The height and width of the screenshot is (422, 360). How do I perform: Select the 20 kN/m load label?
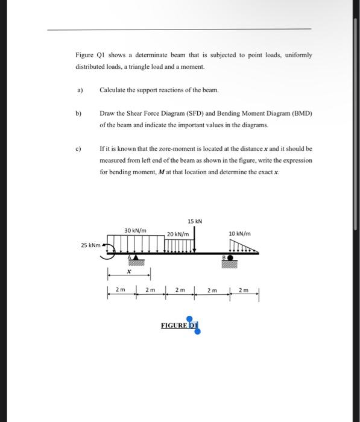pyautogui.click(x=178, y=234)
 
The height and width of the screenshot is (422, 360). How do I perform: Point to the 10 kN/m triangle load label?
pyautogui.click(x=240, y=233)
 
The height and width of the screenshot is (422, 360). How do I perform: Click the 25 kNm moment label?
pyautogui.click(x=90, y=245)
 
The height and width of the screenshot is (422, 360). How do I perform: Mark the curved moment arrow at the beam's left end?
pyautogui.click(x=107, y=248)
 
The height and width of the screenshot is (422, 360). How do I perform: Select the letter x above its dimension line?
pyautogui.click(x=128, y=271)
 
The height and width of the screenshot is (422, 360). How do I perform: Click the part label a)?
pyautogui.click(x=78, y=90)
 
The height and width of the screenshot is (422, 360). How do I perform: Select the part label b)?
pyautogui.click(x=78, y=113)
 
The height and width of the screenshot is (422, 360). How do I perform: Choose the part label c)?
pyautogui.click(x=78, y=148)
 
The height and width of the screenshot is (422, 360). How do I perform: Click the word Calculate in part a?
pyautogui.click(x=113, y=90)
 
